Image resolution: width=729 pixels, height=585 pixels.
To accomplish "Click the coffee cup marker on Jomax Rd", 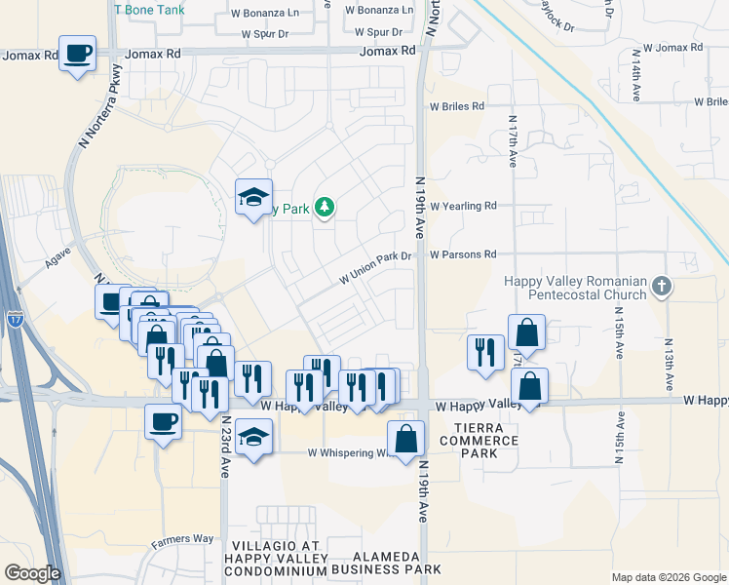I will pyautogui.click(x=77, y=53).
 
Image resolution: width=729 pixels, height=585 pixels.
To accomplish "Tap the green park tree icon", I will pyautogui.click(x=325, y=208).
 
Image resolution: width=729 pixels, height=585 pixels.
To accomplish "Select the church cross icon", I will pyautogui.click(x=662, y=287).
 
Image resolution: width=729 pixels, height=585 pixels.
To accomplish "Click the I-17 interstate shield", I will pyautogui.click(x=15, y=318).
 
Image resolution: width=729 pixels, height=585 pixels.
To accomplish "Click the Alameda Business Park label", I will pyautogui.click(x=386, y=563).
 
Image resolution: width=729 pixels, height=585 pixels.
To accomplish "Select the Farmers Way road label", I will pyautogui.click(x=182, y=539).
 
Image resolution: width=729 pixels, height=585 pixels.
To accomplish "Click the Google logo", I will pyautogui.click(x=32, y=573).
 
